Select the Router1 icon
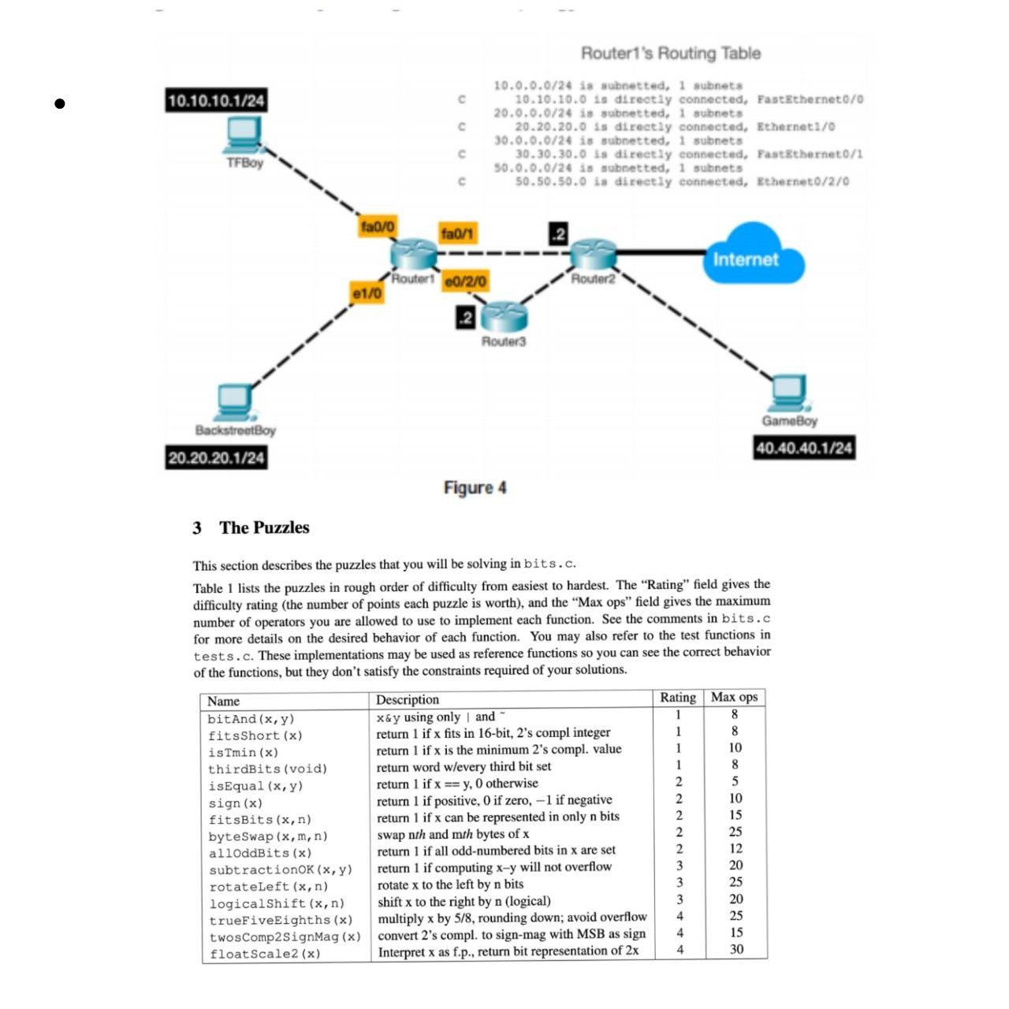click(x=413, y=254)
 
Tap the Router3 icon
click(x=504, y=317)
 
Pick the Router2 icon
click(x=592, y=254)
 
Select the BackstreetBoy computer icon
click(x=234, y=403)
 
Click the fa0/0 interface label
click(x=377, y=227)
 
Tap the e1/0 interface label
click(x=367, y=293)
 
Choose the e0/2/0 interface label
click(x=465, y=281)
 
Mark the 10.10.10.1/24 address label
click(x=216, y=101)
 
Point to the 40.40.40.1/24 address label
click(x=804, y=449)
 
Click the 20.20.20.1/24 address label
click(x=216, y=458)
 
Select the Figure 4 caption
click(x=475, y=488)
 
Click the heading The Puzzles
click(x=263, y=528)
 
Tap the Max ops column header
click(x=734, y=697)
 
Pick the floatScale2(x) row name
click(x=265, y=954)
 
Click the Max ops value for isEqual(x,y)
click(x=735, y=781)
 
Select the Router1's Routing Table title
click(x=670, y=54)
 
